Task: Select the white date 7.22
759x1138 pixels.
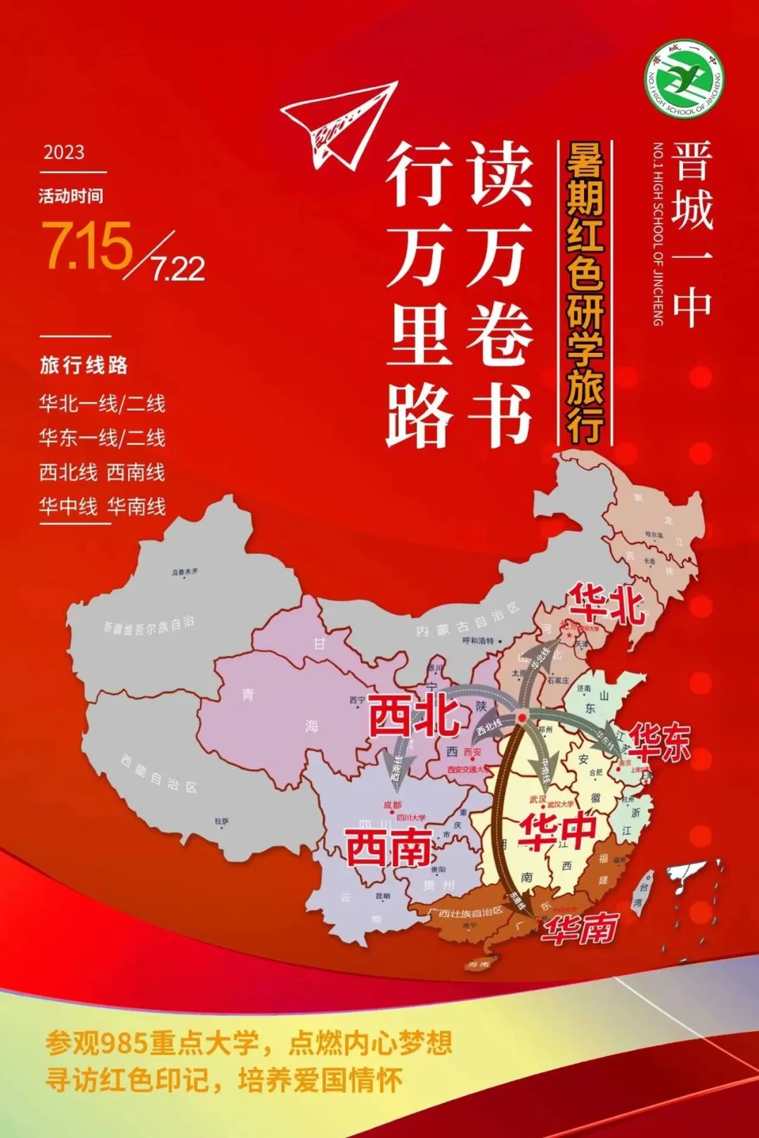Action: (179, 269)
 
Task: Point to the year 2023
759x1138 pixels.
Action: (64, 153)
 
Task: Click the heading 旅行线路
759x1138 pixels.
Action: (84, 366)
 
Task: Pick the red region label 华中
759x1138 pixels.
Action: (557, 832)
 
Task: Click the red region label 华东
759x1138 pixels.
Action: (659, 742)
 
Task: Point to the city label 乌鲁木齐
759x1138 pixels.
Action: (185, 572)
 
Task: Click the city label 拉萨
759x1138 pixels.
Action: (221, 820)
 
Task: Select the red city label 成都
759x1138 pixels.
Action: (392, 806)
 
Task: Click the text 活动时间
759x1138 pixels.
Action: (70, 195)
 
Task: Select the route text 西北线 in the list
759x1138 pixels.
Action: (68, 472)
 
